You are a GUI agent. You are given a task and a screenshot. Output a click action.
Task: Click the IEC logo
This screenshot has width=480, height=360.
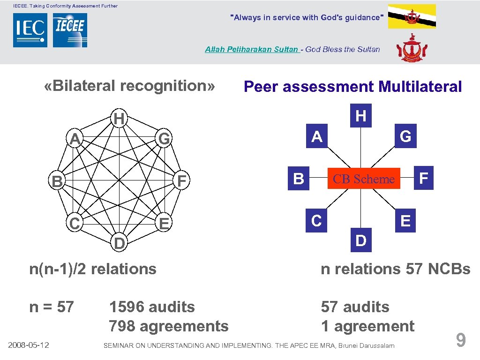pos(30,30)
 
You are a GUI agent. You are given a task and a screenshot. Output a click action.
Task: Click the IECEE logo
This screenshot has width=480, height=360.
pos(70,30)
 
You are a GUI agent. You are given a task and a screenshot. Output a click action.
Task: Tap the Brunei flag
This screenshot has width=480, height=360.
pos(412,16)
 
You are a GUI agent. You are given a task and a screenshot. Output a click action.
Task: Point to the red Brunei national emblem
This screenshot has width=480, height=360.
pos(412,49)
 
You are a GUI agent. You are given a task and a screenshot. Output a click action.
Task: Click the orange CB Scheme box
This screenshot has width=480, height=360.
pos(364,179)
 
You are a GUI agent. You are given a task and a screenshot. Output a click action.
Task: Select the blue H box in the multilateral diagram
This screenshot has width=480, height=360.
pos(360,116)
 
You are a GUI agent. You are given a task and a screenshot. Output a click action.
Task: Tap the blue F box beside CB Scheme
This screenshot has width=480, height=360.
pos(424,178)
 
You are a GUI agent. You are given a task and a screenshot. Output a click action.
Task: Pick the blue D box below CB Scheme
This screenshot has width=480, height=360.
pos(360,240)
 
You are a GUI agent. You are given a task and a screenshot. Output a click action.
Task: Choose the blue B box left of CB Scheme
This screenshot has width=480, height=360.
pos(299,179)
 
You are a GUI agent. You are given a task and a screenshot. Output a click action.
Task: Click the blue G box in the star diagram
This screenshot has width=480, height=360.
pos(405,136)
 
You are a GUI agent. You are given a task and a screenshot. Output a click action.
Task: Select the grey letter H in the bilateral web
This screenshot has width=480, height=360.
pos(119,119)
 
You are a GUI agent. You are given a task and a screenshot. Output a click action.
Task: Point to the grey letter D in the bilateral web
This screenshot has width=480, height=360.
pos(119,244)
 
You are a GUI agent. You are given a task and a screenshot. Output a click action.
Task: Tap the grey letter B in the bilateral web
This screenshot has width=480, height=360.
pos(57,181)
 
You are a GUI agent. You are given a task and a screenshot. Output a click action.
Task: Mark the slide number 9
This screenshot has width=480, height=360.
pos(461,340)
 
